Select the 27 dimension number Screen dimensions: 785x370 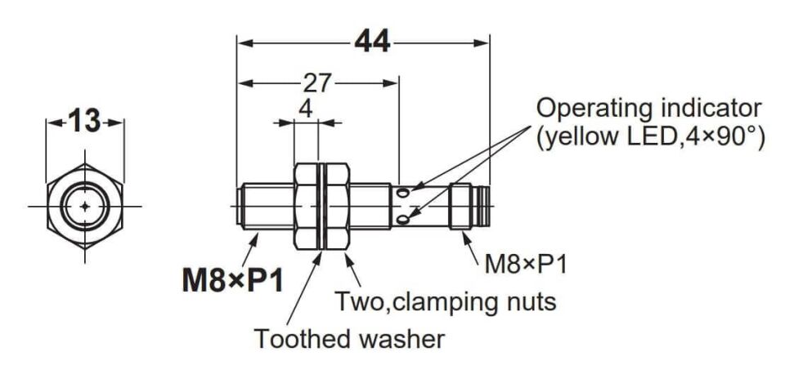pos(317,83)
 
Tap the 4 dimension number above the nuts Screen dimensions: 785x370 pos(305,109)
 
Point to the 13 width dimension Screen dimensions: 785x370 pos(83,122)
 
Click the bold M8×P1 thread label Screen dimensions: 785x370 pos(232,282)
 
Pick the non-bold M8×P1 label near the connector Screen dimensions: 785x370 pos(526,264)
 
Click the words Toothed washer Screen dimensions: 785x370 pos(349,339)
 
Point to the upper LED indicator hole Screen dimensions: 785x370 pos(403,191)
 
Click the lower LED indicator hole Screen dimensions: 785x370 pos(403,220)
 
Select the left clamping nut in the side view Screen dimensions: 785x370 pos(305,206)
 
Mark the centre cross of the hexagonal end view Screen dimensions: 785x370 pos(85,206)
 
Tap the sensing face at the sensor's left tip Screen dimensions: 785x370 pos(237,206)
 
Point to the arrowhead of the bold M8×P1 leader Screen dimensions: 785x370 pos(256,237)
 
